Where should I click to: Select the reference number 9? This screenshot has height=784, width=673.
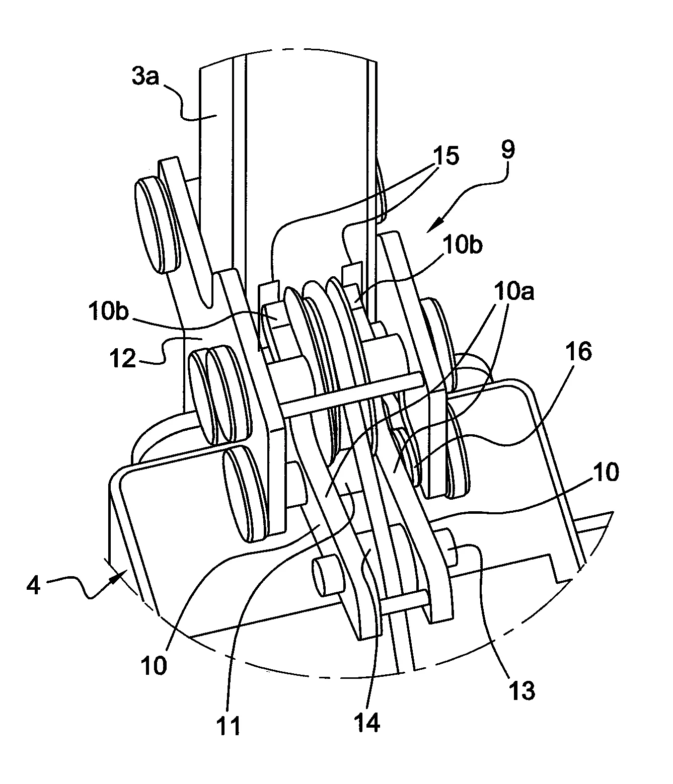tap(508, 150)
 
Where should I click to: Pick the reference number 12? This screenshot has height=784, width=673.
tap(123, 358)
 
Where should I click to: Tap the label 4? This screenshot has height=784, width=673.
tap(33, 586)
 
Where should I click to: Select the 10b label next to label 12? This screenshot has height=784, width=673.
tap(109, 311)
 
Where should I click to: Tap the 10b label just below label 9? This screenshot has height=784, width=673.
tap(463, 245)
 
